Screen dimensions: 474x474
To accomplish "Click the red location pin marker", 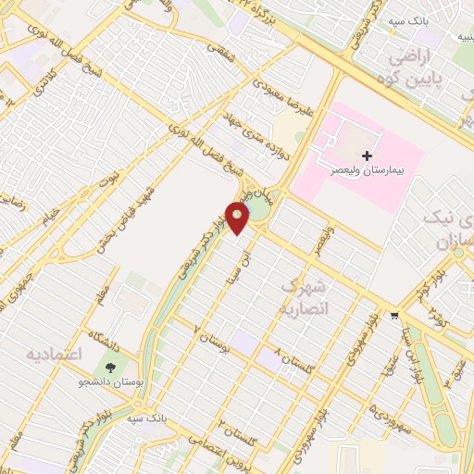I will point(239,218).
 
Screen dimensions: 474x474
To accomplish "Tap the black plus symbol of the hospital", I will point(368,156).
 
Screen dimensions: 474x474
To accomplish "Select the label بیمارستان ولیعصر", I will point(368,172).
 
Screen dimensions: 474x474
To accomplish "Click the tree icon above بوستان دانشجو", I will point(112,368).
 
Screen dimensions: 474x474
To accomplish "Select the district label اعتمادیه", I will point(55,355).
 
